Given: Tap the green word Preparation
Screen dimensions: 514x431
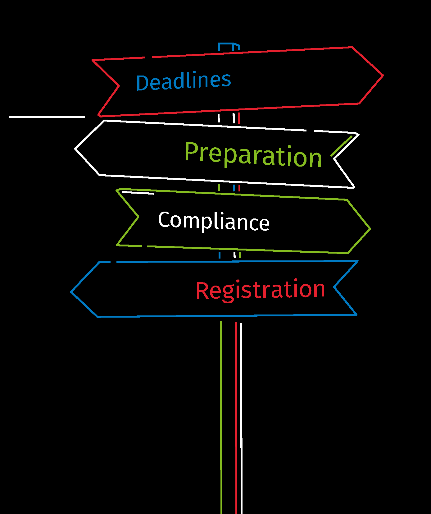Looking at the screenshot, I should (x=253, y=154).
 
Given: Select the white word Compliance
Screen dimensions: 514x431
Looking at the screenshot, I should (x=214, y=221).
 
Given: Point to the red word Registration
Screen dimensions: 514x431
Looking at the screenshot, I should (x=260, y=290).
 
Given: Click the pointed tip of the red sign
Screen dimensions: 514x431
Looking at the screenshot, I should (x=383, y=75).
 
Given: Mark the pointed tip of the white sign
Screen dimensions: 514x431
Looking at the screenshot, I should (x=75, y=149).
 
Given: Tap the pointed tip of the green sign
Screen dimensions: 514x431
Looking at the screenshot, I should (x=370, y=229).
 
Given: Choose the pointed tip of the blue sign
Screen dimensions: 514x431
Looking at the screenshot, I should (x=71, y=292).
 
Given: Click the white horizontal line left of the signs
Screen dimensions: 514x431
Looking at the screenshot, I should (x=47, y=117).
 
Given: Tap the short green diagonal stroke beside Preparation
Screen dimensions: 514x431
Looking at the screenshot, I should (x=341, y=146).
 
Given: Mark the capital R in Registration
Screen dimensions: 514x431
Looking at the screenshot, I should (x=202, y=291).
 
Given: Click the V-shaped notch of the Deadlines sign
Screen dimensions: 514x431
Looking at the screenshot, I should (x=119, y=86).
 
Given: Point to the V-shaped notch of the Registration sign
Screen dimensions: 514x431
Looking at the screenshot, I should (x=334, y=287).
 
